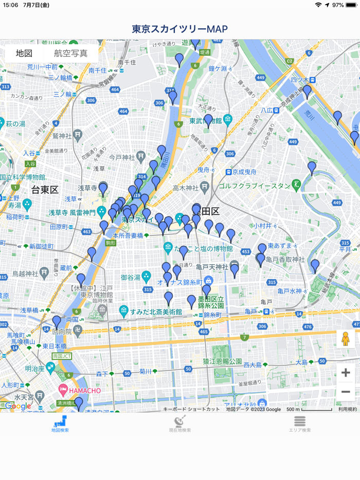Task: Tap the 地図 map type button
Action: point(24,53)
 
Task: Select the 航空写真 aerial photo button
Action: point(70,53)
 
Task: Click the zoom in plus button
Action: point(346,373)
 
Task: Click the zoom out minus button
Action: point(346,392)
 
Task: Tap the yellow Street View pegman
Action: point(345,339)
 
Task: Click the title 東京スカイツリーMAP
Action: point(179,29)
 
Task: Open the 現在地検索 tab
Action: point(179,423)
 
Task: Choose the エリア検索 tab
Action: point(299,423)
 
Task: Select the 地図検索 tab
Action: point(60,423)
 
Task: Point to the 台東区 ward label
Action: point(45,190)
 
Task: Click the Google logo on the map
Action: point(19,406)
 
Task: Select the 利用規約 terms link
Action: point(347,409)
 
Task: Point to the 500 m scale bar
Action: point(309,409)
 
